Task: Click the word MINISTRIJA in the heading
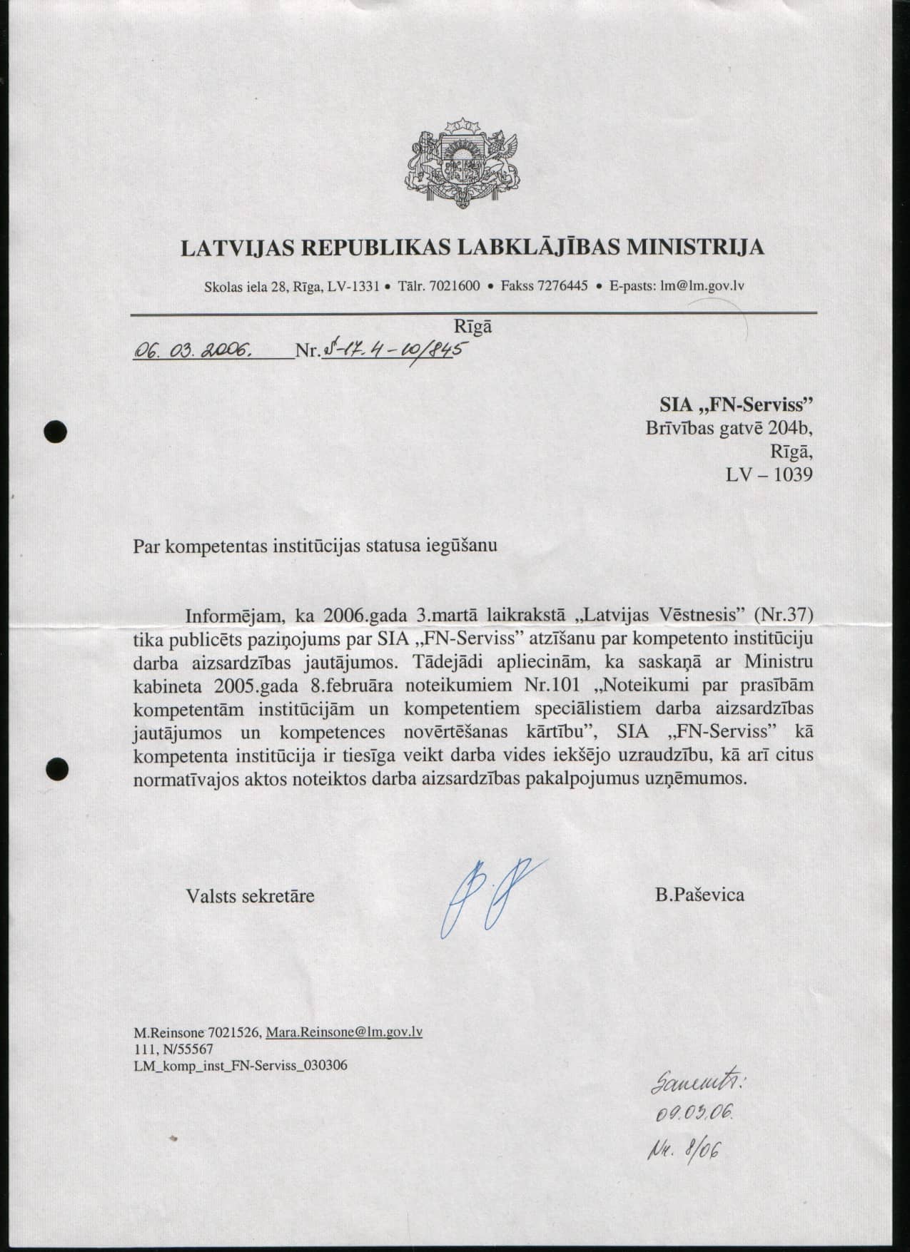point(694,248)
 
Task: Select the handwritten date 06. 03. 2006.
point(193,351)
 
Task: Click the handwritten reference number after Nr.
point(393,350)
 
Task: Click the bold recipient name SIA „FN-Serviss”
point(736,405)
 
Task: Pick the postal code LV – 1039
point(769,474)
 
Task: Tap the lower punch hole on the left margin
point(56,768)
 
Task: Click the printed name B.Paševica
point(699,895)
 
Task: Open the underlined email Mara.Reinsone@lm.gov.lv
point(344,1032)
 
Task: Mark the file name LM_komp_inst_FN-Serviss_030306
point(241,1066)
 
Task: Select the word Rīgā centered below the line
point(472,327)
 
